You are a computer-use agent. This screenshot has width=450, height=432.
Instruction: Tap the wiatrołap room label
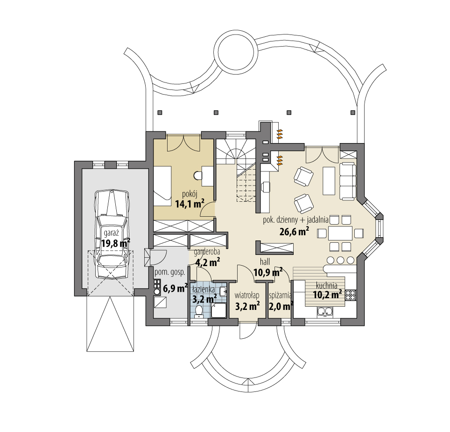[247, 295]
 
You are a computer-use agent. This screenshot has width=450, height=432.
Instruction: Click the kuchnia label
[326, 286]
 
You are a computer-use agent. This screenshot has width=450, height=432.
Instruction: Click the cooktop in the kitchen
[351, 295]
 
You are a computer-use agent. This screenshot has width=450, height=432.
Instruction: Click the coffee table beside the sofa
[329, 180]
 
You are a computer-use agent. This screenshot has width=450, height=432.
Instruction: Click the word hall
[265, 262]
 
